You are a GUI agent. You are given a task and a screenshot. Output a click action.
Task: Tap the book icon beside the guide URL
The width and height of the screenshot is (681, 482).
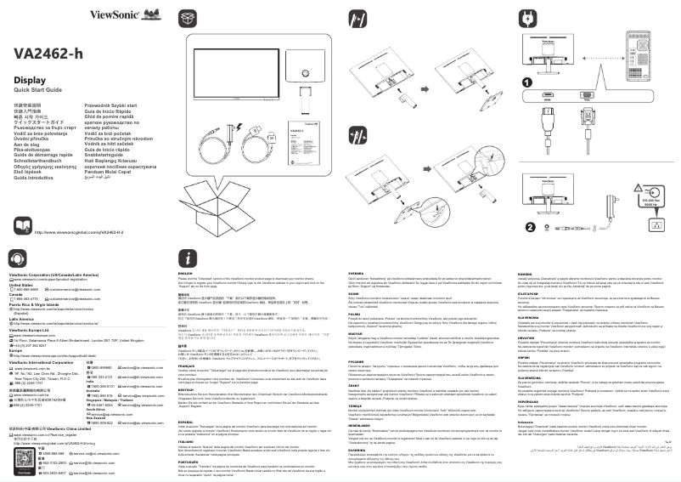24,230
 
